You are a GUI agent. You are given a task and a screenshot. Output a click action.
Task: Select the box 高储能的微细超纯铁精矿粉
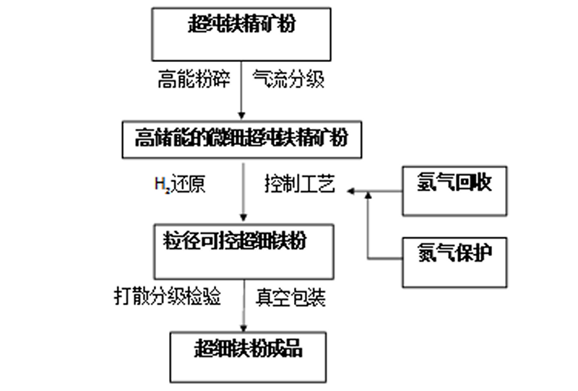pos(241,137)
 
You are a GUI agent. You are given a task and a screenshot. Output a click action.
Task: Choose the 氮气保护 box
pos(453,258)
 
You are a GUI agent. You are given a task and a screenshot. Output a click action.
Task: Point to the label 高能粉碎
pos(193,80)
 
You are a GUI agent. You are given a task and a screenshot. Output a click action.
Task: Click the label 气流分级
pos(286,80)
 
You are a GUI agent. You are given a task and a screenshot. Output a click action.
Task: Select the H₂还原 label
pos(180,185)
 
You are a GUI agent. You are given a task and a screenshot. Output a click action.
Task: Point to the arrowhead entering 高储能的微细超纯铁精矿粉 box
pos(241,115)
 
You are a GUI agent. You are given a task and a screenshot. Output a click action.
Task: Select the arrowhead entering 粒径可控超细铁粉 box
pos(241,220)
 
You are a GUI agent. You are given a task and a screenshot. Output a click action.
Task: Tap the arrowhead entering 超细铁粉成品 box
pos(241,328)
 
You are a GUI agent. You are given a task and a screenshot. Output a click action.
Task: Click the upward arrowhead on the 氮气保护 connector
pos(368,196)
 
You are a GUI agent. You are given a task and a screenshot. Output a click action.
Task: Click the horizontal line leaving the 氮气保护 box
pos(384,258)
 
